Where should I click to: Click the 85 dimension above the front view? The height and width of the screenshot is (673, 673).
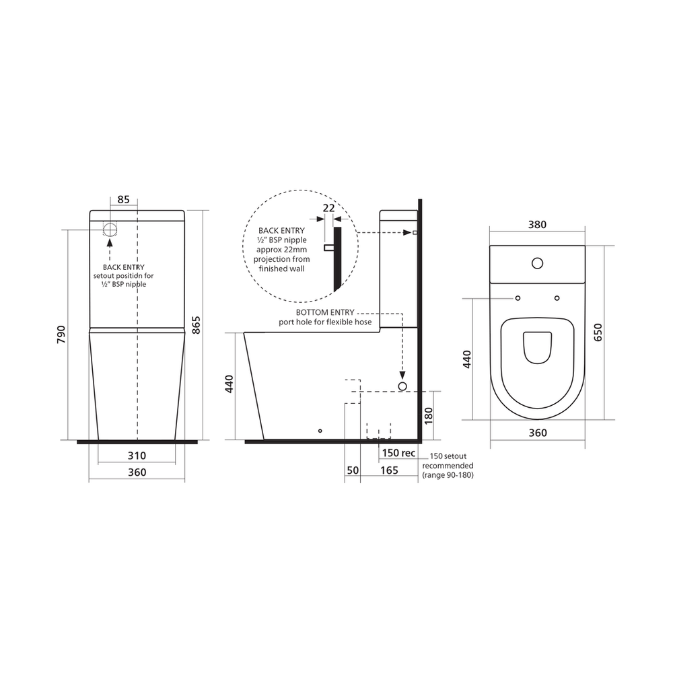pos(123,199)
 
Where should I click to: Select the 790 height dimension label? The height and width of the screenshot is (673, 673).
pos(60,334)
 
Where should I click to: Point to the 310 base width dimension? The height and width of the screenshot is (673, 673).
pos(137,456)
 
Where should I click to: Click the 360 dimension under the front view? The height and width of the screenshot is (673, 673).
pos(137,472)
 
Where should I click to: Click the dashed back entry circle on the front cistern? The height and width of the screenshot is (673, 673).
pos(110,228)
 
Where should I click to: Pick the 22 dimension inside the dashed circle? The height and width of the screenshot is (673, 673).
pos(328,208)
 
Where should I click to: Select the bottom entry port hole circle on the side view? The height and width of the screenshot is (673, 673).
pos(402,386)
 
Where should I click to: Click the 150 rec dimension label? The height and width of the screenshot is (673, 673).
pos(398,453)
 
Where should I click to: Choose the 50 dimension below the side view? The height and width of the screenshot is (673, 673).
pos(352,470)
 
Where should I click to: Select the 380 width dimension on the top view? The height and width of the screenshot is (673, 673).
pos(536,225)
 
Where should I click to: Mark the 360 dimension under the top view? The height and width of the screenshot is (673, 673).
pos(537,433)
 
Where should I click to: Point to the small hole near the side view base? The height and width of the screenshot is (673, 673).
pos(320,430)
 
